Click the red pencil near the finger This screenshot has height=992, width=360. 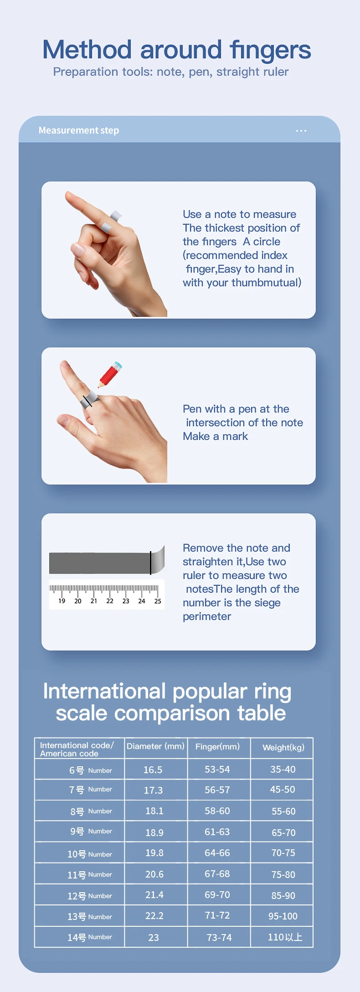click(x=110, y=374)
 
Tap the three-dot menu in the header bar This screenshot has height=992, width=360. click(x=301, y=131)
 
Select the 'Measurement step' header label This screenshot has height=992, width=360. click(x=79, y=130)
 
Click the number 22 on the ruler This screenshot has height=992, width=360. click(x=110, y=601)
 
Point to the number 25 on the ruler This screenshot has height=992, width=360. click(x=158, y=601)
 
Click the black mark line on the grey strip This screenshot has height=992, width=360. click(x=150, y=563)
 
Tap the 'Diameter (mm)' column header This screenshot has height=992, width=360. click(x=155, y=746)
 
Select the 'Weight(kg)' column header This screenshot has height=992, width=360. click(x=283, y=747)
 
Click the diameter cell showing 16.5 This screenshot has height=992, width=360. click(x=153, y=770)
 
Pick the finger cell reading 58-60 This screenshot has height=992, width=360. click(x=217, y=811)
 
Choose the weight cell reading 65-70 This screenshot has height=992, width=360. click(x=283, y=832)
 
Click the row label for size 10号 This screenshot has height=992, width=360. click(x=90, y=854)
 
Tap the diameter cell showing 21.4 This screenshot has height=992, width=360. click(x=154, y=895)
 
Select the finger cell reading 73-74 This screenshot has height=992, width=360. click(x=219, y=937)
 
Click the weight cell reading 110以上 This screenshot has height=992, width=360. click(x=285, y=937)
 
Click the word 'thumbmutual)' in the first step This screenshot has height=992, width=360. click(x=267, y=283)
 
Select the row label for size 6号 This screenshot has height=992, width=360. click(x=91, y=770)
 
